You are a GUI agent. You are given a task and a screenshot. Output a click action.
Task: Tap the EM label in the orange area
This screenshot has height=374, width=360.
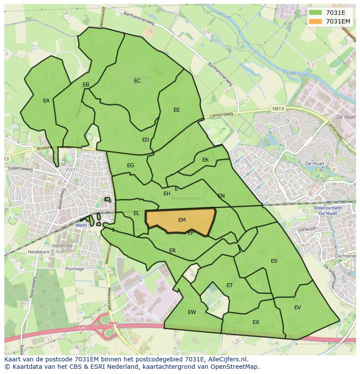[182, 220]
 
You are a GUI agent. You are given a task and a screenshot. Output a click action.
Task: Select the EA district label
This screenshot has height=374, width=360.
[46, 101]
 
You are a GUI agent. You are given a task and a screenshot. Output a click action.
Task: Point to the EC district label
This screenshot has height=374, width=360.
[137, 81]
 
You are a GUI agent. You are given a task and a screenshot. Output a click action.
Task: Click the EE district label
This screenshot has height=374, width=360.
[177, 110]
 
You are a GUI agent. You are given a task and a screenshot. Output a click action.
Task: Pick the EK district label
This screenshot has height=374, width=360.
[205, 160]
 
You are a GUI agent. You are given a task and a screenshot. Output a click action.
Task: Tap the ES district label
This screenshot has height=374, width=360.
[274, 261]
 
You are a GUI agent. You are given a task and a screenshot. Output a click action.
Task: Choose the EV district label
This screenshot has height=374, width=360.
[297, 308]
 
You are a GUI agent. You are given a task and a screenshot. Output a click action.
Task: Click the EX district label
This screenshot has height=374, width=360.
[256, 322]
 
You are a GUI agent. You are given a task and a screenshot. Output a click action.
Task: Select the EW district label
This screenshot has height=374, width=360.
[192, 312]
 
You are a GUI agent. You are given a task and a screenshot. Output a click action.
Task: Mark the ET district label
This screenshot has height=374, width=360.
[230, 285]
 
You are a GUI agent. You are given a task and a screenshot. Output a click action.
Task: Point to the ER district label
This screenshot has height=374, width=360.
[172, 251]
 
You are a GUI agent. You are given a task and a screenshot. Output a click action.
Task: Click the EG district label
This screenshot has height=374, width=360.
[130, 165]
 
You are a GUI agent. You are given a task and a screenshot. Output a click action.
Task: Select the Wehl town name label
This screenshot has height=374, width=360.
[72, 169]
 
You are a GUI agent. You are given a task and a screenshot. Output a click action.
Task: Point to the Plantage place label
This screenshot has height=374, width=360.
[74, 269]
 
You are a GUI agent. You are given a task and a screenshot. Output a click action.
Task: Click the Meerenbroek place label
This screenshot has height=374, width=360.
[185, 198]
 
